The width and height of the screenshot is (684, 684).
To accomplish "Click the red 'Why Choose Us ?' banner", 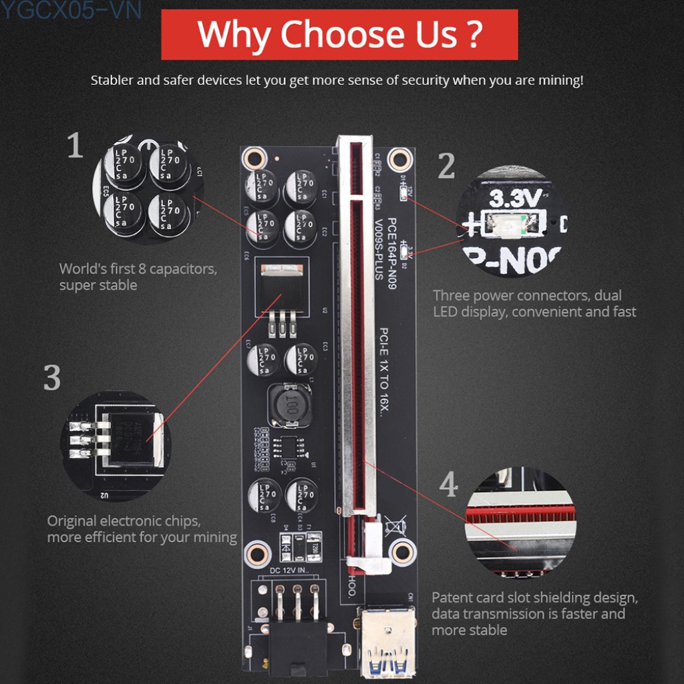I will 339,35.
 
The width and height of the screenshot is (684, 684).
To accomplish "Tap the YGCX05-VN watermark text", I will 70,10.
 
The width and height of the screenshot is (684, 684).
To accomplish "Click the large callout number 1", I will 75,146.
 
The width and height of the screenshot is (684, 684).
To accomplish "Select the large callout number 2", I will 446,166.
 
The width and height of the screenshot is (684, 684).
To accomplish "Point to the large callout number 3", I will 52,378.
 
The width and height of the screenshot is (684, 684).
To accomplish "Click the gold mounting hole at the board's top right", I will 399,158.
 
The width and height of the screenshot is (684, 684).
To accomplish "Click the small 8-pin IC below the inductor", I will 289,446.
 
